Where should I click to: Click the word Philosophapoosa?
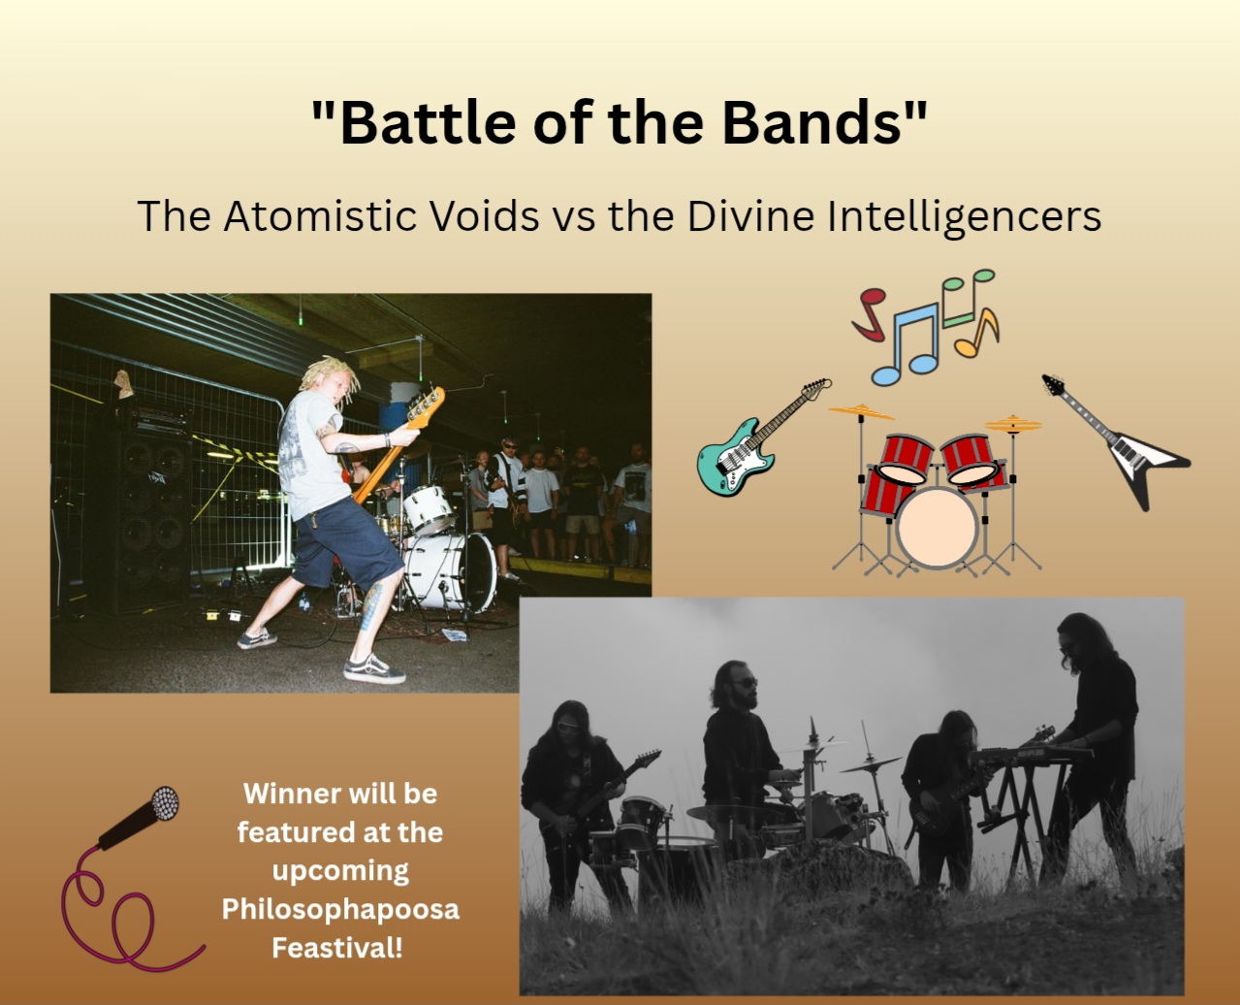point(340,910)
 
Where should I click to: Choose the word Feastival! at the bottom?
point(337,948)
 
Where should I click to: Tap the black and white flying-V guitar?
point(1116,441)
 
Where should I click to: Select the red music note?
point(869,314)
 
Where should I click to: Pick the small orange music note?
point(977,334)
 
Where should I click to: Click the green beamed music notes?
point(968,297)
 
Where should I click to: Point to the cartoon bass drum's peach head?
point(937,527)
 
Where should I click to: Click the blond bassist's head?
point(332,380)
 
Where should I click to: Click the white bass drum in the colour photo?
point(450,571)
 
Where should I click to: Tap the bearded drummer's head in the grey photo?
point(734,685)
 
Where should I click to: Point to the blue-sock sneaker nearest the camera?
point(374,668)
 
